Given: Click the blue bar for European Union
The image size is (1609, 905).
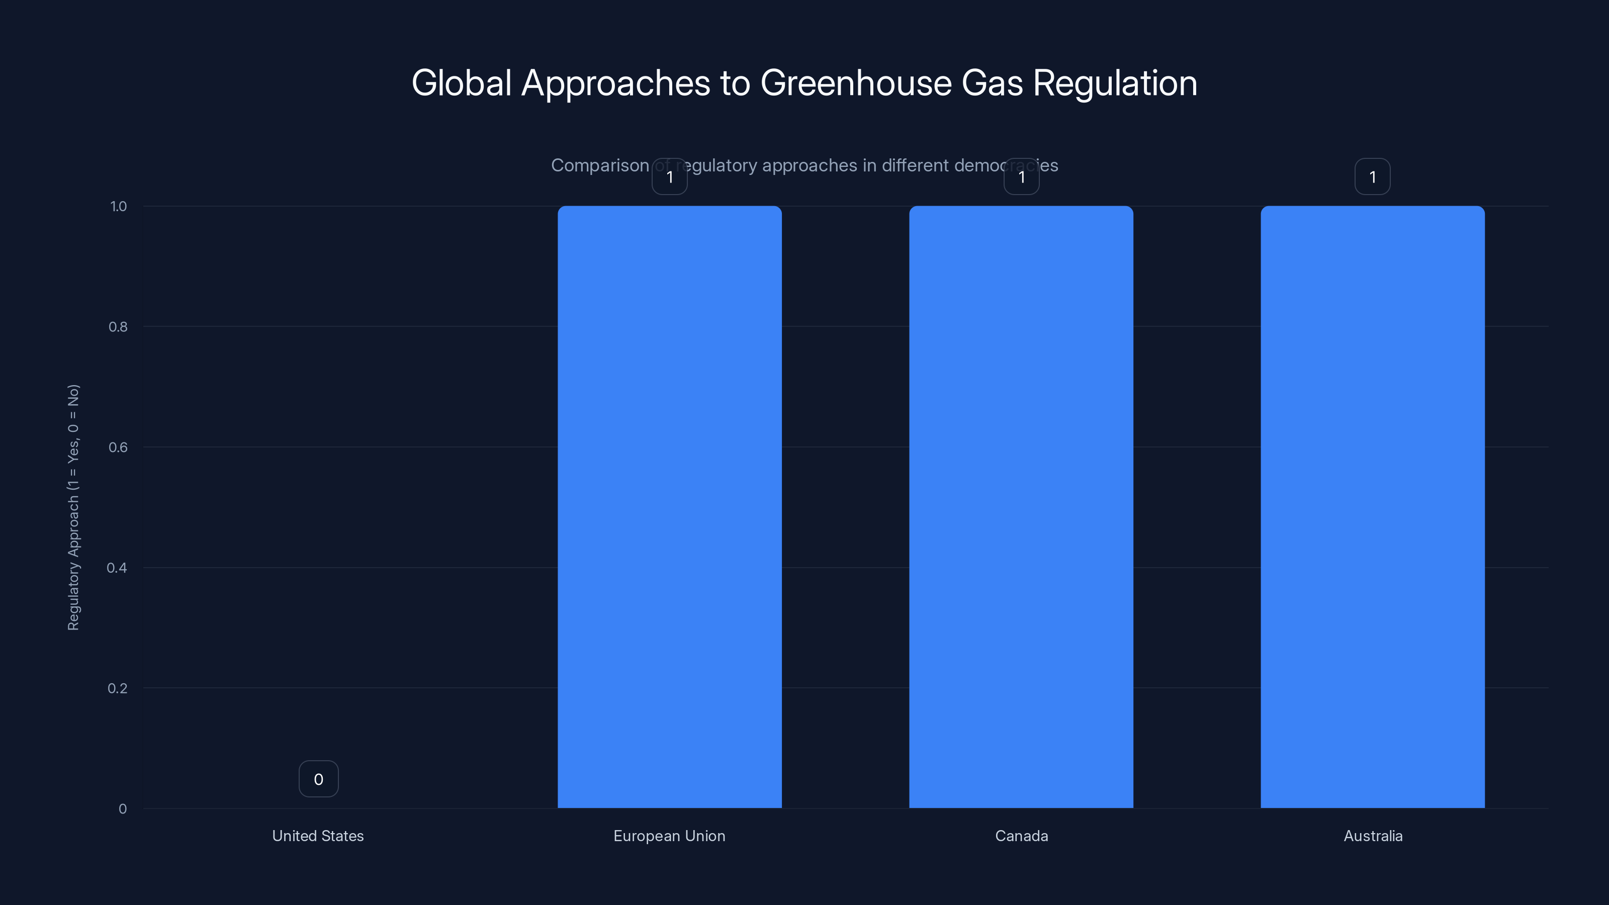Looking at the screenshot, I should tap(670, 506).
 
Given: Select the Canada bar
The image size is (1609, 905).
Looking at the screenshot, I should tap(1021, 506).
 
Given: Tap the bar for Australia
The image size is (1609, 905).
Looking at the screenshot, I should tap(1372, 506).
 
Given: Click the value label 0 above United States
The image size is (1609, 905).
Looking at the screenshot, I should tap(319, 779).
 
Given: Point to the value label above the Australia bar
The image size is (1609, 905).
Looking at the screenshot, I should tap(1372, 177).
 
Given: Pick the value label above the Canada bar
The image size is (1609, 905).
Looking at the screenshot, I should tap(1021, 177).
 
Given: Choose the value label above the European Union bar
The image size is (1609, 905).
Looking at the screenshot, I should tap(670, 177).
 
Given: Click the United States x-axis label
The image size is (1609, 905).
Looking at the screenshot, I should tap(318, 836).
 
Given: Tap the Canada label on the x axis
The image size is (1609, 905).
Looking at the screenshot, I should tap(1021, 836).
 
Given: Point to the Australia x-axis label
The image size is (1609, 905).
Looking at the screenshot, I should tap(1373, 836).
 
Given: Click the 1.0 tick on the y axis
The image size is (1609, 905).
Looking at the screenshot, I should tap(119, 206).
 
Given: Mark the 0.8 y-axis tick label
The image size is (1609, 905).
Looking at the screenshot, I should tap(118, 327).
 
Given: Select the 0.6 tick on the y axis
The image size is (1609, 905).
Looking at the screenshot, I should tap(118, 447).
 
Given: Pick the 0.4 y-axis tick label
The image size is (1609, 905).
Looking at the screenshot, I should tap(118, 568).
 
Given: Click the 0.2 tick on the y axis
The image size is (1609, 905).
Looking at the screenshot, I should tap(118, 688).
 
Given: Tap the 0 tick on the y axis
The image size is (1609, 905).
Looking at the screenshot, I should tap(122, 809).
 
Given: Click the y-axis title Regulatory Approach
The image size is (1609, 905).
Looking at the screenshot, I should tap(74, 507).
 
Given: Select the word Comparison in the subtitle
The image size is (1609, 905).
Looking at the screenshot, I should tap(600, 165).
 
